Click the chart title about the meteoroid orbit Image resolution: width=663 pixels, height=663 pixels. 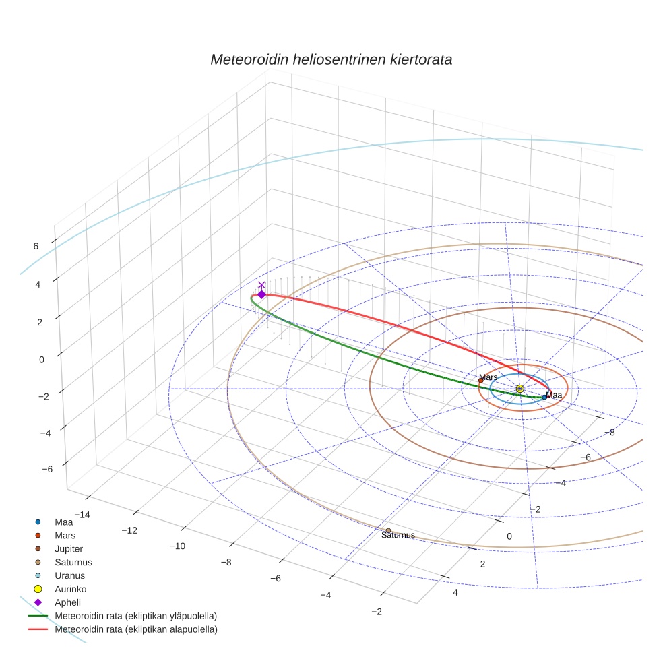[331, 59]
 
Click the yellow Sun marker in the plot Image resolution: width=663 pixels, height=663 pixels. [519, 389]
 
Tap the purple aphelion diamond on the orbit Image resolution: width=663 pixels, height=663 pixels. [261, 294]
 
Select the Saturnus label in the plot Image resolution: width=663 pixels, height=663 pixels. [398, 536]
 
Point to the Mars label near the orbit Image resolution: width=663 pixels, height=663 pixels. [488, 377]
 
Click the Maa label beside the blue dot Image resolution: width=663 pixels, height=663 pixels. [554, 395]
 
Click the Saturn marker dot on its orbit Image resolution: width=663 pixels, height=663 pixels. [388, 531]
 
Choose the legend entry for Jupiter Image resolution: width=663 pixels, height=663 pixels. [69, 548]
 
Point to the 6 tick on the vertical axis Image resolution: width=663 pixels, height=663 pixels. [36, 246]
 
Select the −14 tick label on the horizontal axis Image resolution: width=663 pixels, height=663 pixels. [80, 515]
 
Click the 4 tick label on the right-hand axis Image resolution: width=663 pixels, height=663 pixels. [455, 592]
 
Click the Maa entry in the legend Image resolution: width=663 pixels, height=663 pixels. [63, 522]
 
